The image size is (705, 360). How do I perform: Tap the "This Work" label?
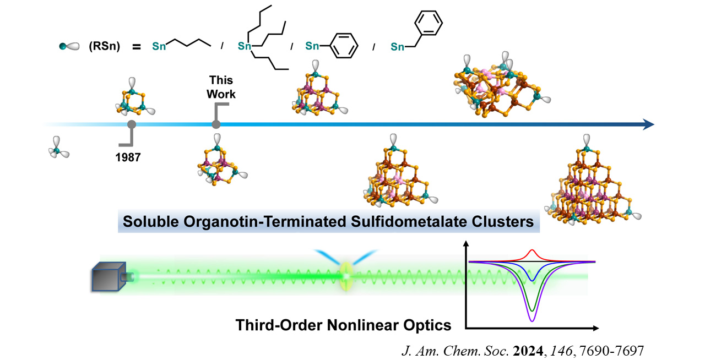pyautogui.click(x=221, y=88)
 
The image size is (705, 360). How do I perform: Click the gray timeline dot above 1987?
pyautogui.click(x=132, y=125)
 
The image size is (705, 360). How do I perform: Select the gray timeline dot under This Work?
pyautogui.click(x=216, y=125)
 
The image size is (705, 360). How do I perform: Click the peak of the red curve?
pyautogui.click(x=532, y=251)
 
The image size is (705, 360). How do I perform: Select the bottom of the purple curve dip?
pyautogui.click(x=532, y=320)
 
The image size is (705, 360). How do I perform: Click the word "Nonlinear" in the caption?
pyautogui.click(x=368, y=325)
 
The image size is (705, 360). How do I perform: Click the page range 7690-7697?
pyautogui.click(x=625, y=349)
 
